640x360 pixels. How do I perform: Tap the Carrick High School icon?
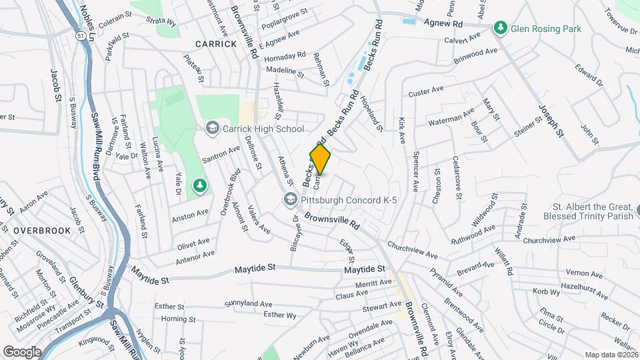212,129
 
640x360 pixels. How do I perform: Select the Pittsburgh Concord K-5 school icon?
290,199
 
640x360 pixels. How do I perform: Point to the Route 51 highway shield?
80,35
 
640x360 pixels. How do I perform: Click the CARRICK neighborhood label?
216,44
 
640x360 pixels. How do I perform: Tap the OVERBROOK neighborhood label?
41,229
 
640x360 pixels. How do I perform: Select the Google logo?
22,351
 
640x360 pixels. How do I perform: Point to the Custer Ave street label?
426,91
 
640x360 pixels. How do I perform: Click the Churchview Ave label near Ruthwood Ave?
548,239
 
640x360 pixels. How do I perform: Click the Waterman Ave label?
451,119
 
